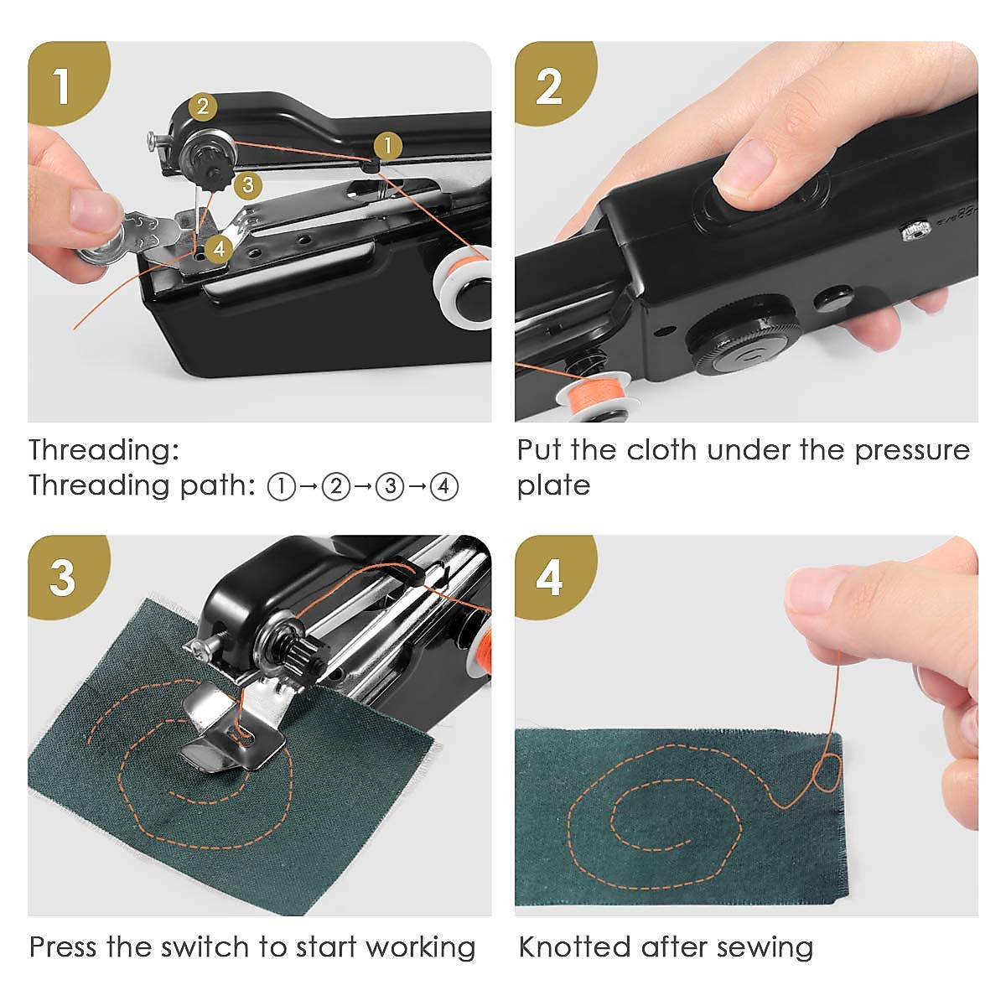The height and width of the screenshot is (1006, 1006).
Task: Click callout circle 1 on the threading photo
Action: point(387,146)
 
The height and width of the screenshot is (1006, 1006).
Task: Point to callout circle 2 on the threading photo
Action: point(202,106)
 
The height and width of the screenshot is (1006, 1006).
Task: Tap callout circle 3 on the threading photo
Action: point(246,184)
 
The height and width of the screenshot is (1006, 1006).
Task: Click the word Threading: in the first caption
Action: point(104,450)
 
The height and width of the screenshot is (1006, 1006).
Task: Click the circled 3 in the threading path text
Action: point(390,486)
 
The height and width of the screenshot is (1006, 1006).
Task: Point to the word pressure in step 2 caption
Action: point(912,450)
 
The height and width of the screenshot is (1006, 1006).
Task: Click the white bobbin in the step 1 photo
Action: point(461,289)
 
